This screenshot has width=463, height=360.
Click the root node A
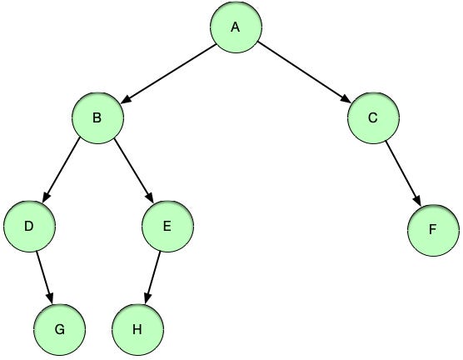[235, 27]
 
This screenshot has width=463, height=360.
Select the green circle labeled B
[97, 117]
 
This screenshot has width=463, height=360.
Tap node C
[372, 117]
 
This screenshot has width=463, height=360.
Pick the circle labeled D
[29, 225]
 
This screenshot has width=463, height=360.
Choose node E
[167, 225]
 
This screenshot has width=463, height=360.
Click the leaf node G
[60, 328]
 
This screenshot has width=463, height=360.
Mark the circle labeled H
[137, 328]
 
